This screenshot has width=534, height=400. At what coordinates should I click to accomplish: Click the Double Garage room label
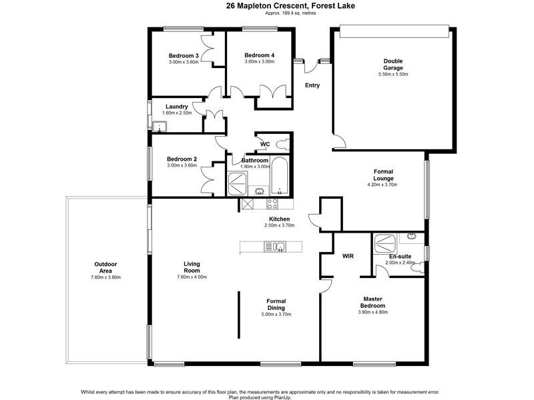click(392, 65)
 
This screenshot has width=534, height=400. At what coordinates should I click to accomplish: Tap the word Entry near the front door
click(312, 85)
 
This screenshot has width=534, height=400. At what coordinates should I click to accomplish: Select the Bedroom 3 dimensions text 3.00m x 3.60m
click(184, 62)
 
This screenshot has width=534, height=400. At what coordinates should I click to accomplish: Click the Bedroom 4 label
click(259, 55)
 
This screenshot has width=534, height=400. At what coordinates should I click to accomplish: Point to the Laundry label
click(177, 107)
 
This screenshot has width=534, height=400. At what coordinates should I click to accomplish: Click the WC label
click(265, 144)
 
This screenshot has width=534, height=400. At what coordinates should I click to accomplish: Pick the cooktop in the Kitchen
click(272, 204)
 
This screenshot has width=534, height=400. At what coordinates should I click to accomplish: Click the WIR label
click(348, 256)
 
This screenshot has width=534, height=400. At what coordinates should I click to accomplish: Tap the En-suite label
click(400, 256)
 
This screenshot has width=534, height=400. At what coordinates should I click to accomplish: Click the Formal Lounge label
click(383, 175)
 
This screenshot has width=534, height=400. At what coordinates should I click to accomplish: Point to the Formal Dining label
click(276, 304)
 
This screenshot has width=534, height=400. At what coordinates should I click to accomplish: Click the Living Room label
click(192, 267)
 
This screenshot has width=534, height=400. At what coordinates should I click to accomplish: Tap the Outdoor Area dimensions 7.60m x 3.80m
click(105, 277)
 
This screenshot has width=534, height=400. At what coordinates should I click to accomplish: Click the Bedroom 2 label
click(182, 159)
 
